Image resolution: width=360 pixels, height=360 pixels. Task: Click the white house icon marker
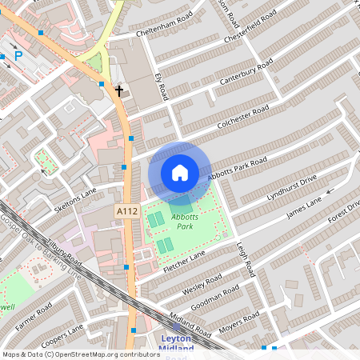coord(180,172)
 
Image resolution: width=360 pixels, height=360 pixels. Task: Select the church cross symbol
coord(119,90)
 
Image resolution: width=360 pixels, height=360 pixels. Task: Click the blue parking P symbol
coord(18,56)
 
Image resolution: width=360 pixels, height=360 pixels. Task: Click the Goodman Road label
coord(214,298)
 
